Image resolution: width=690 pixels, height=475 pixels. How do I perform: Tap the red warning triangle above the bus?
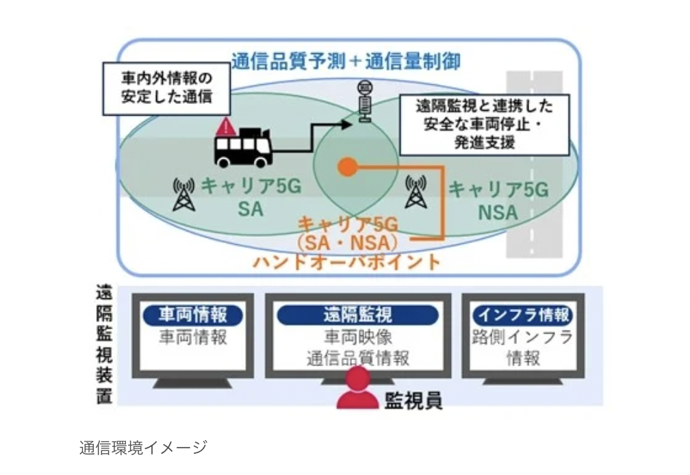tap(226, 127)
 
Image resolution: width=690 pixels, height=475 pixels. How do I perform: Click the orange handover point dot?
tap(348, 166)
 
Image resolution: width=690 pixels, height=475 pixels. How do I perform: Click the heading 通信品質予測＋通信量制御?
tap(346, 61)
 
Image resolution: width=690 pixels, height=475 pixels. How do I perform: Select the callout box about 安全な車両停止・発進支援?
tap(484, 125)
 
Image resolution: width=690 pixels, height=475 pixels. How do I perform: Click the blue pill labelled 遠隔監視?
tap(357, 315)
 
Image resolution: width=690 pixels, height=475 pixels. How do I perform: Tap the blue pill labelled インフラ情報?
tap(522, 315)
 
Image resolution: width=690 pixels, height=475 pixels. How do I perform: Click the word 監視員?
tap(414, 399)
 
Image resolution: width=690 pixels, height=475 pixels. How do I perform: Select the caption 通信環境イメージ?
tap(142, 448)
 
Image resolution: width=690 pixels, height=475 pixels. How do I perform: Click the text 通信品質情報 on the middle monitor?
tap(357, 358)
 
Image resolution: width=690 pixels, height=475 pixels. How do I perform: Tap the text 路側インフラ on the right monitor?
tap(522, 337)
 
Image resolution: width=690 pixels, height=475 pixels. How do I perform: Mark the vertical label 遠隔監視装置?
tap(104, 346)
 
